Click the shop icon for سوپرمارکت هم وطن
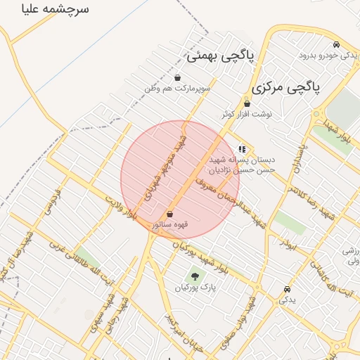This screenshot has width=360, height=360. [x=176, y=77]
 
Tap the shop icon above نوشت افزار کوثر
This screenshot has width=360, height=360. [x=247, y=103]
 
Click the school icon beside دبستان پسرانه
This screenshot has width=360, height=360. [x=242, y=148]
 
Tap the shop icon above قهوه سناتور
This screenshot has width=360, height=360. [x=169, y=213]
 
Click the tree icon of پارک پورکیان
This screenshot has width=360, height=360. [x=194, y=276]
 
